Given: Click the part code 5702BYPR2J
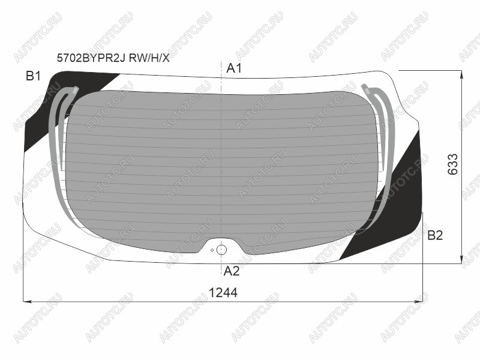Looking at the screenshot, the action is (x=91, y=58).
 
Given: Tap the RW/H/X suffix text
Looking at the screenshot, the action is (x=149, y=58).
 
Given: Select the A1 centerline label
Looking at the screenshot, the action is (x=234, y=68).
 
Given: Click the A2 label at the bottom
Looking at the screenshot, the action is (x=232, y=271).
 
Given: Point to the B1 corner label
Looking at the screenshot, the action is (x=33, y=76).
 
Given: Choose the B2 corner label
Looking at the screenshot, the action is (x=435, y=235).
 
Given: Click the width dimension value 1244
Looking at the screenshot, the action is (x=223, y=293).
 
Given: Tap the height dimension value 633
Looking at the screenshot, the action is (x=453, y=164).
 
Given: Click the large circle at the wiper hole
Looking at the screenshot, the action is (x=221, y=250).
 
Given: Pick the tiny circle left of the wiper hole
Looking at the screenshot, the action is (x=212, y=250).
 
